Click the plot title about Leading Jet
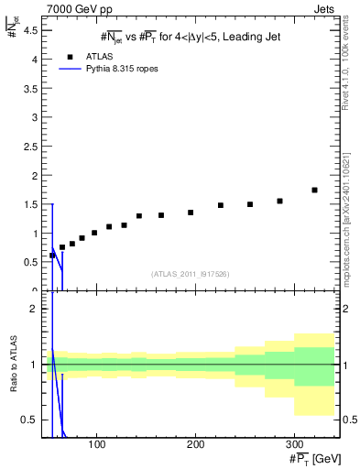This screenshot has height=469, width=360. click(190, 36)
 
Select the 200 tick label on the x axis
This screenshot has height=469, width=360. click(195, 444)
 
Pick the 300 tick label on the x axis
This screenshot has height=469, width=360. click(293, 444)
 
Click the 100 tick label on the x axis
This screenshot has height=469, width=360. click(97, 444)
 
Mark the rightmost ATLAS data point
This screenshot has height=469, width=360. click(314, 190)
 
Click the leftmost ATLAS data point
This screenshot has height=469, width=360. click(52, 256)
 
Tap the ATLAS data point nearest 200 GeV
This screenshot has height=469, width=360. click(191, 213)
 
